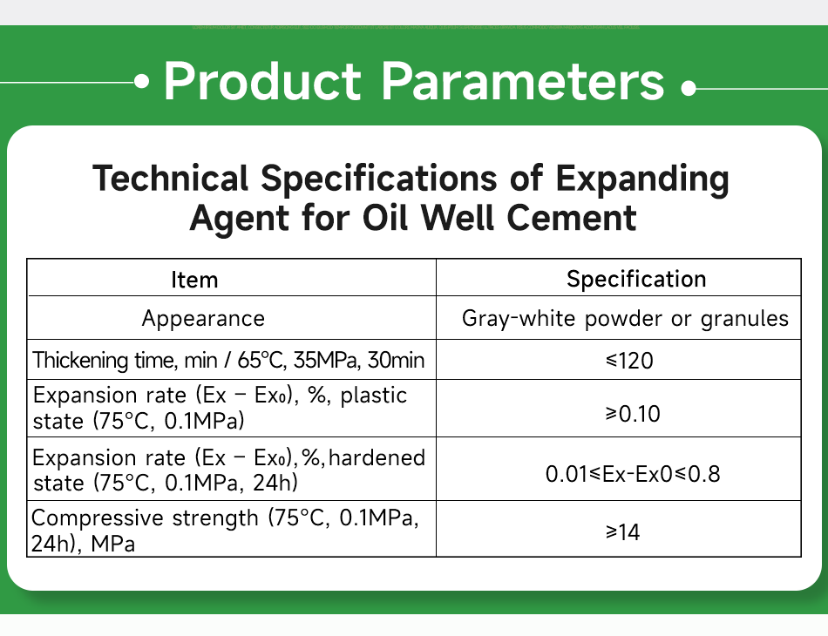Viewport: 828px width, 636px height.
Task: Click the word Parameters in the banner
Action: point(523,81)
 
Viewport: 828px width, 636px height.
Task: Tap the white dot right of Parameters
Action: point(689,88)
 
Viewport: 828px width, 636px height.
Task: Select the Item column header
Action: point(194,280)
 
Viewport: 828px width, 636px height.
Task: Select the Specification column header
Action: point(636,279)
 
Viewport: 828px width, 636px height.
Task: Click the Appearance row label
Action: point(203,319)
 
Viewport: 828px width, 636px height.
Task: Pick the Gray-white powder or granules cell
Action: point(625,319)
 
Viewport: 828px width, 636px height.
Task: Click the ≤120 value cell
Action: point(628,359)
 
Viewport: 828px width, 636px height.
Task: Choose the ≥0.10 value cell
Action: point(633,414)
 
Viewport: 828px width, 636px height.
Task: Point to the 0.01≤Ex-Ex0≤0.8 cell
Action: point(633,475)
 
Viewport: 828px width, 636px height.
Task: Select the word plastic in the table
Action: point(374,396)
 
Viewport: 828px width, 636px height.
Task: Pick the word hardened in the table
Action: point(377,457)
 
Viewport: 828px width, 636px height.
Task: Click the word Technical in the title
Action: point(171,179)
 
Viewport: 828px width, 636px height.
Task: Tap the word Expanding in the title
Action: point(641,179)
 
